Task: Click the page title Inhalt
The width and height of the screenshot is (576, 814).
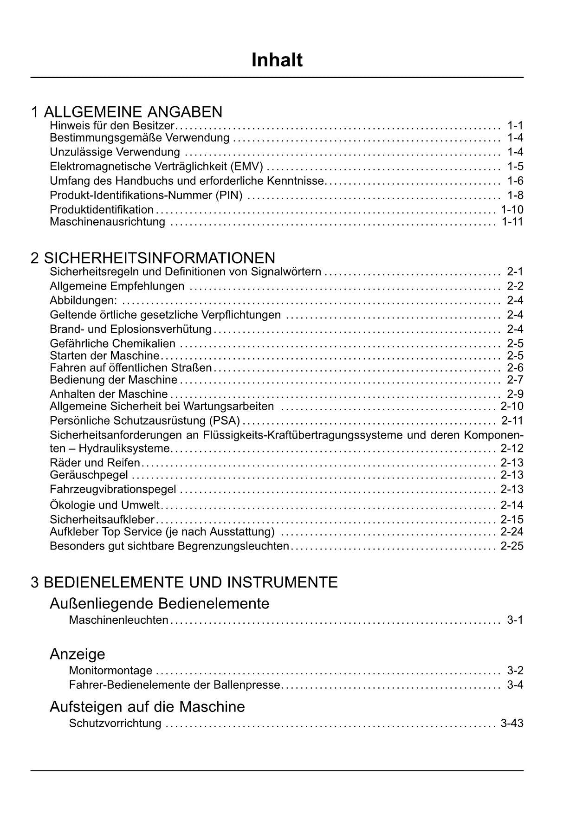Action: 277,60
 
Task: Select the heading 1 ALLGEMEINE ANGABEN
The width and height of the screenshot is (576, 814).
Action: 127,112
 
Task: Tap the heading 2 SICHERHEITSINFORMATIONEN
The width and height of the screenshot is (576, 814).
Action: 153,258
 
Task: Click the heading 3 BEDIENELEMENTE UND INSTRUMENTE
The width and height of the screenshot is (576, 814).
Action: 184,582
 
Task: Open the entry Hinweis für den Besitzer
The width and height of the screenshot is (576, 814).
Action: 112,125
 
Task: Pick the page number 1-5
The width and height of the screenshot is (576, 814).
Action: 515,166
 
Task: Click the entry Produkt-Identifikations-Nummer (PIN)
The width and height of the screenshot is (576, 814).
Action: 146,195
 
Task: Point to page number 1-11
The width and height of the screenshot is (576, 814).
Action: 512,221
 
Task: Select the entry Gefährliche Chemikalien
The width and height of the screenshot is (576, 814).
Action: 113,343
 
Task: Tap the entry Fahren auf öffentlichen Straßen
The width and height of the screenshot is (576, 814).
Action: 131,368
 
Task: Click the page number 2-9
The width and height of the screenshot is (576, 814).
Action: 515,394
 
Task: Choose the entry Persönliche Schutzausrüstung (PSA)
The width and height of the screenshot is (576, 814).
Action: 145,420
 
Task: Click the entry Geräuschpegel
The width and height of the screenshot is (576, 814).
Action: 89,475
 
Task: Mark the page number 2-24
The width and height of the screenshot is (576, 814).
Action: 512,531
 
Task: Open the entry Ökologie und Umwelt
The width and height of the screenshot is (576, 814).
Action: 104,505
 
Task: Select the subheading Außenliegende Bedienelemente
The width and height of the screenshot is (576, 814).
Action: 159,603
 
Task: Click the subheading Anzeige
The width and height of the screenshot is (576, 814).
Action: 78,654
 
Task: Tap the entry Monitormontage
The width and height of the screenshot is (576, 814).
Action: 110,670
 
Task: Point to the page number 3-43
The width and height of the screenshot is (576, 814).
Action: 512,723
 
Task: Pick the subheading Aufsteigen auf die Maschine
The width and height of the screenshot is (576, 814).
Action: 147,706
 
